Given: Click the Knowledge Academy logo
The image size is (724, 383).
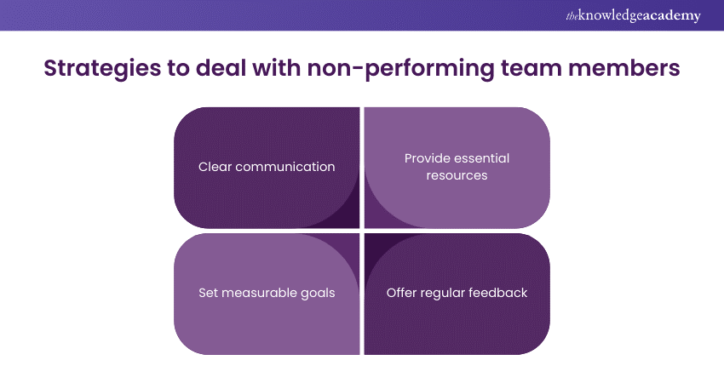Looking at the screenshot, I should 633,15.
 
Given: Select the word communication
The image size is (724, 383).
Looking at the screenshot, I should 285,167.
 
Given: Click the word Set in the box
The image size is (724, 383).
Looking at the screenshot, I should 208,293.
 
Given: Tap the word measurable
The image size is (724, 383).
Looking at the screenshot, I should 260,293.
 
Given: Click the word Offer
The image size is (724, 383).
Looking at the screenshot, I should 402,293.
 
